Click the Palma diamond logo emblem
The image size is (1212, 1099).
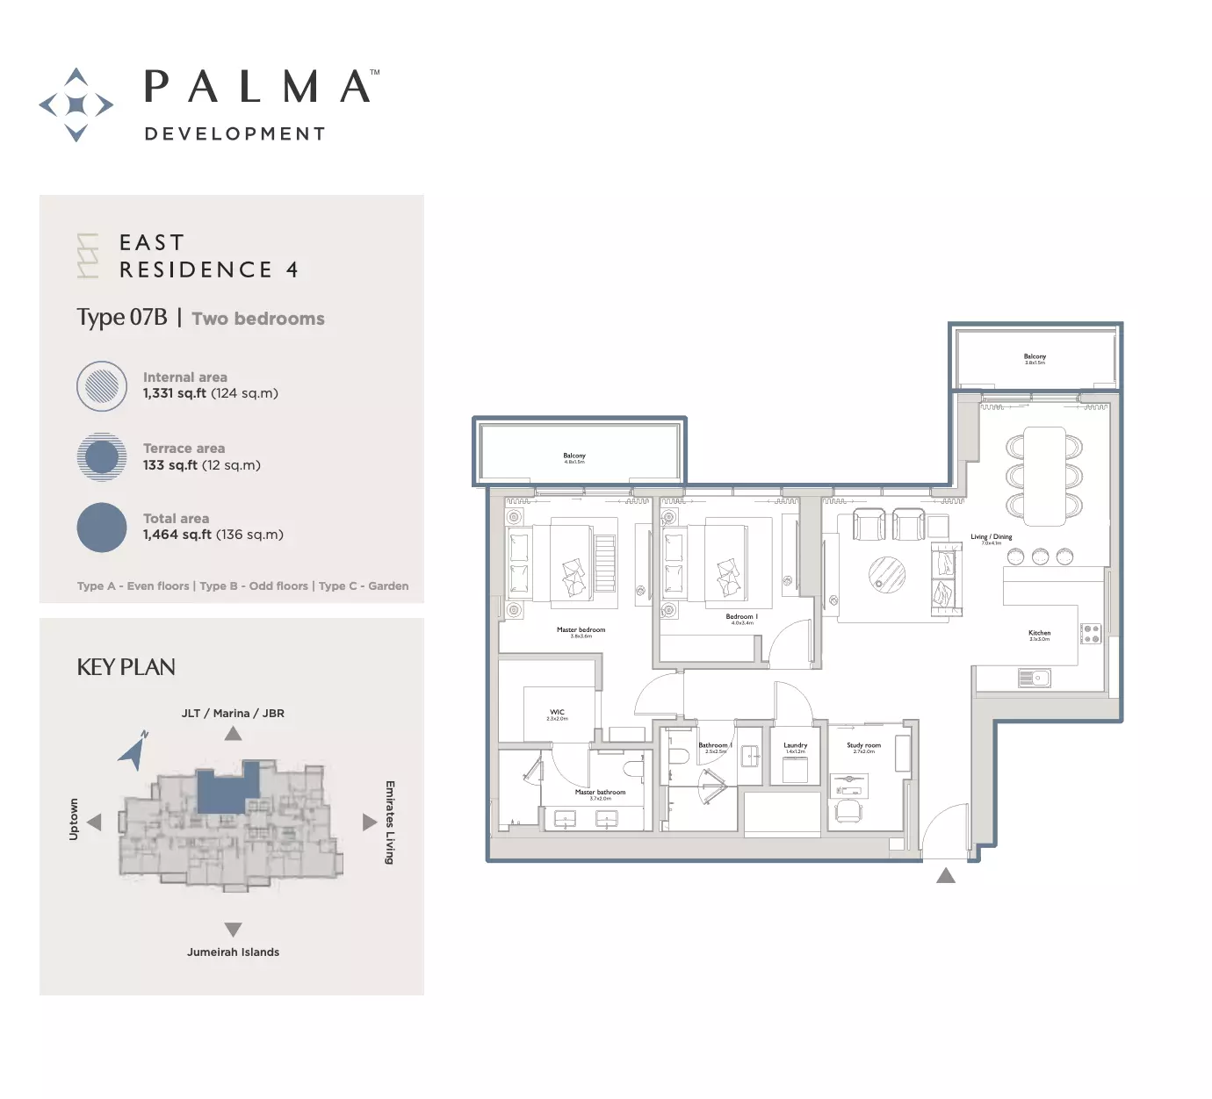76,104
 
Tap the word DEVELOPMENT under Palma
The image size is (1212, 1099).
234,133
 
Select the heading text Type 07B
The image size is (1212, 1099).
121,317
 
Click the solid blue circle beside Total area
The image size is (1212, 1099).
102,527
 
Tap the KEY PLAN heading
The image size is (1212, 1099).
126,667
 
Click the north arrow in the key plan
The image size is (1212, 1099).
133,751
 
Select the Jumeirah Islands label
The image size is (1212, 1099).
233,952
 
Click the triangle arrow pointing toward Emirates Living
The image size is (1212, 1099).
370,822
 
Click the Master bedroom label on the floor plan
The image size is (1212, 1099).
581,630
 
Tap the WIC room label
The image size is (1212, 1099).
557,713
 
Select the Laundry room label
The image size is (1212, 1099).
795,746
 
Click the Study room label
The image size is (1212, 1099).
863,746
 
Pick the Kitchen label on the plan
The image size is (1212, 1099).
1039,633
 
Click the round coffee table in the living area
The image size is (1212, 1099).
887,576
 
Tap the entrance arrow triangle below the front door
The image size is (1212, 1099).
946,875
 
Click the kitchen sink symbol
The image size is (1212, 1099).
1035,678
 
